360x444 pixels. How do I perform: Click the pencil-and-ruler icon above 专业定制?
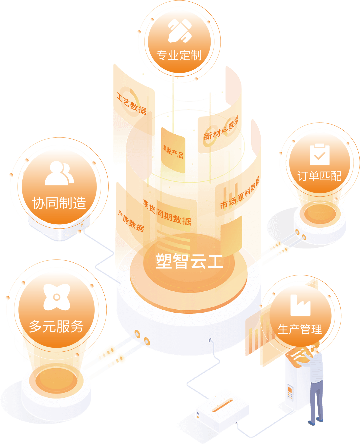pos(179,31)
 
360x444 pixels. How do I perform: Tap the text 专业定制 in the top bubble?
pos(179,55)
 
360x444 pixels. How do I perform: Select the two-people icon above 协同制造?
pos(59,173)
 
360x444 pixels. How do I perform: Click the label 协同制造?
pos(59,203)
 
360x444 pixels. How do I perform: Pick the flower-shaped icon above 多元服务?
pos(57,297)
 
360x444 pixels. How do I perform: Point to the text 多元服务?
pos(56,326)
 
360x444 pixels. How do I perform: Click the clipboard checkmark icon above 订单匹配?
pos(319,155)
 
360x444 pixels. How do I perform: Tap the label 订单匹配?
pos(319,176)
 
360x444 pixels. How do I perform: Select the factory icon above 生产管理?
pos(300,305)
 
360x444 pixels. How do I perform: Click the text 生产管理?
pos(300,329)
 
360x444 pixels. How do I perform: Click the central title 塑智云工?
pos(189,261)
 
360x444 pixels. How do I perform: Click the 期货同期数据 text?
pos(167,212)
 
